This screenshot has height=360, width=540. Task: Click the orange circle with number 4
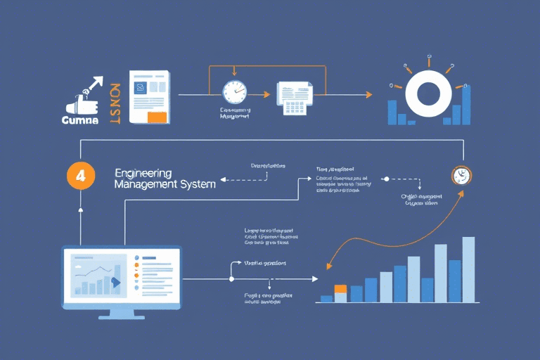point(80,176)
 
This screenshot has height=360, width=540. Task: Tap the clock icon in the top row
point(234,94)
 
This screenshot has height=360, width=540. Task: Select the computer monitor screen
point(121,274)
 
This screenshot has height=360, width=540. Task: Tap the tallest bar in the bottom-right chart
point(468,269)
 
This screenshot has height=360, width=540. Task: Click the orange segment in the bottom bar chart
point(341,288)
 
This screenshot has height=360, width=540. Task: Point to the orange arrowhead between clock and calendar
point(265,94)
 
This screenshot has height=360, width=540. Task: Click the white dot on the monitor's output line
point(231,279)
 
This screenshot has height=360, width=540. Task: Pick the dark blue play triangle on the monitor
point(116,283)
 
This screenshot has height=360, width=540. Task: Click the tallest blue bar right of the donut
point(466,104)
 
